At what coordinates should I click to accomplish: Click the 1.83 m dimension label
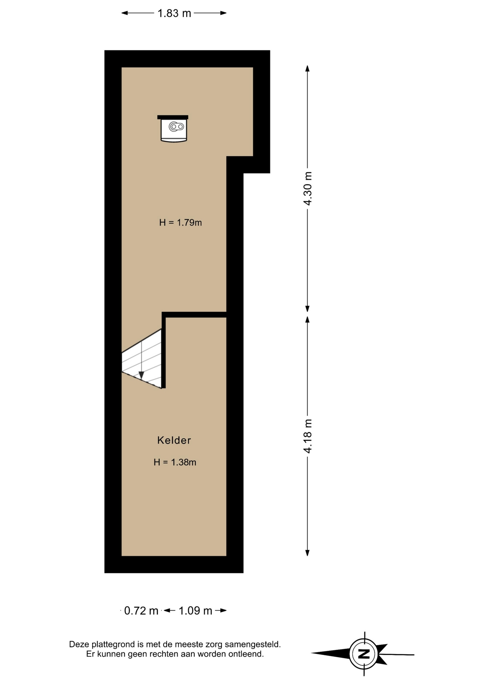click(174, 13)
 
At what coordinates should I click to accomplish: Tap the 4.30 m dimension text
click(308, 188)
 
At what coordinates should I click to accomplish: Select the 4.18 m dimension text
click(308, 436)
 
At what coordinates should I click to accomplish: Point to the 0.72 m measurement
click(141, 611)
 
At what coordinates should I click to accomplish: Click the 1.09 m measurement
click(195, 611)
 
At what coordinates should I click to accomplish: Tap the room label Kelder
click(174, 440)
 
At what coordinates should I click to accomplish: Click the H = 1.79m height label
click(180, 223)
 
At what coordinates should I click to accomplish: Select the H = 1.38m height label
click(175, 462)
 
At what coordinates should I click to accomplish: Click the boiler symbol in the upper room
click(173, 128)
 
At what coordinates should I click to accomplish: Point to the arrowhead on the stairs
click(141, 375)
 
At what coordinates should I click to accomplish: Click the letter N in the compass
click(364, 654)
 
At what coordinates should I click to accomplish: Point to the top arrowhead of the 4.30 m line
click(307, 68)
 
